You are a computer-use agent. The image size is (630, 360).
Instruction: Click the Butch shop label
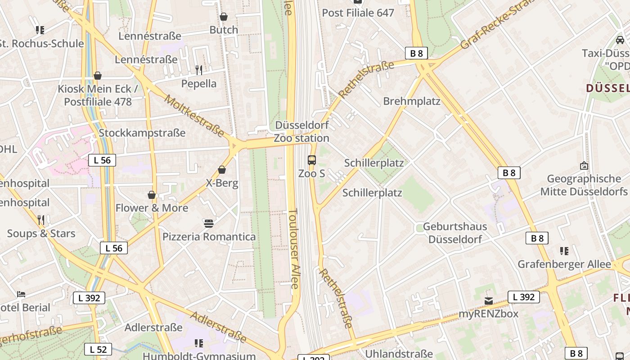tap(224, 30)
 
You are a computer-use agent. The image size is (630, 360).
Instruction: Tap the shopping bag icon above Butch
tap(224, 17)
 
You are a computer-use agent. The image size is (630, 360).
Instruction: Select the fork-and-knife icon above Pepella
tap(199, 70)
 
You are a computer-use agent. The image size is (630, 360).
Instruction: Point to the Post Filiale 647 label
tap(358, 13)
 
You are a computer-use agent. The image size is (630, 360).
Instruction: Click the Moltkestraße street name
tap(194, 116)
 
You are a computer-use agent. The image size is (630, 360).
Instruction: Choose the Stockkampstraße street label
tap(142, 133)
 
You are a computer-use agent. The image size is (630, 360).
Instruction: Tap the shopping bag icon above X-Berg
tap(222, 170)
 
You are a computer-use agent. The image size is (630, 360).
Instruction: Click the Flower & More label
tap(152, 208)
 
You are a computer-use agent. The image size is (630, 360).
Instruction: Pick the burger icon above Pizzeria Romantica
tap(208, 223)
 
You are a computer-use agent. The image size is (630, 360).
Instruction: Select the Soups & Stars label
tap(41, 234)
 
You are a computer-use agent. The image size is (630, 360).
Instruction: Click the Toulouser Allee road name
tap(293, 248)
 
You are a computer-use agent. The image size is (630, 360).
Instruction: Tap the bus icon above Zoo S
tap(311, 160)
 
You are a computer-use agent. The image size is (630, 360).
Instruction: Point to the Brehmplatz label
tap(412, 101)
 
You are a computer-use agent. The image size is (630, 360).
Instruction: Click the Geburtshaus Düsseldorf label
tap(455, 233)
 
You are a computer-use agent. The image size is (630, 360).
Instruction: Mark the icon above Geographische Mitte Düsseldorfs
tap(584, 166)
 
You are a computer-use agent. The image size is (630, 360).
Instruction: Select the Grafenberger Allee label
tap(564, 264)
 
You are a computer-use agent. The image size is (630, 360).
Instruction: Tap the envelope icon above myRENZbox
tap(489, 301)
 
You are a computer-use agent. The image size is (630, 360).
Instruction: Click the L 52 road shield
tap(98, 349)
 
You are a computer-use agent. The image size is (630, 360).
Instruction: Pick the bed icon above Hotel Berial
tap(21, 294)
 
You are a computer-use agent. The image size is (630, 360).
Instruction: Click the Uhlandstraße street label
tap(399, 354)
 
